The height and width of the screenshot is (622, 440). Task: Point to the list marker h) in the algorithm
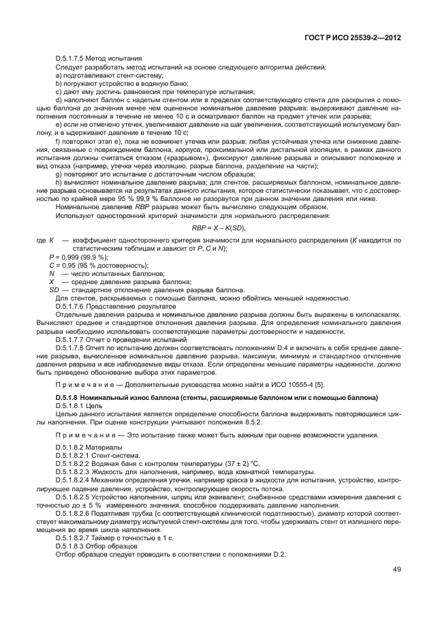[x=59, y=183]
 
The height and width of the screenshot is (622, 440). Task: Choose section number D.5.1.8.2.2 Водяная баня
[x=77, y=464]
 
